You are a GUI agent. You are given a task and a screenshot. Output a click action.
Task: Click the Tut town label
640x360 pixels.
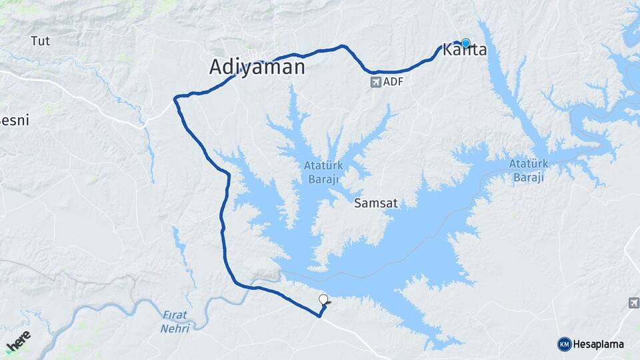[40, 41]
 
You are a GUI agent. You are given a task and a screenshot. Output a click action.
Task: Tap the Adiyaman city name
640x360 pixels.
[257, 67]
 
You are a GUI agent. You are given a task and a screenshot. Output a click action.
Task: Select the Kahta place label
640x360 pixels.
[465, 50]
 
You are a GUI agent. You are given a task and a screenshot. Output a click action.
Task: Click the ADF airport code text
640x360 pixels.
[394, 82]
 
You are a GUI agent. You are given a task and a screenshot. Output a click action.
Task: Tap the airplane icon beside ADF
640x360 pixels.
[375, 82]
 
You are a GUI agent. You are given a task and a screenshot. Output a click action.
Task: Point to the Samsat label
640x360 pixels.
[376, 203]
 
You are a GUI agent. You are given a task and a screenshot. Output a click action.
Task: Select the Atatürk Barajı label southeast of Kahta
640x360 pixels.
[528, 170]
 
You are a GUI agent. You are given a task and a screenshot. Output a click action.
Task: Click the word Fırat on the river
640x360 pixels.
[175, 315]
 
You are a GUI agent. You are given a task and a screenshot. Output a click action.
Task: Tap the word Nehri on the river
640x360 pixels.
[175, 328]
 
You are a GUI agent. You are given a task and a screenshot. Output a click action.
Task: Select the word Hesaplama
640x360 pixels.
[599, 344]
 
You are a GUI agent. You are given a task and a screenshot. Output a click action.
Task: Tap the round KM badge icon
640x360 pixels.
[564, 344]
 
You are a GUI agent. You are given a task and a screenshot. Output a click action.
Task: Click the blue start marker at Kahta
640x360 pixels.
[465, 43]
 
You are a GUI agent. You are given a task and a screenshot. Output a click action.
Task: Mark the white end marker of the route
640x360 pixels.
[324, 299]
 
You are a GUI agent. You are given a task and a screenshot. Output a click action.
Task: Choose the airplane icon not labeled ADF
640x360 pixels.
[633, 303]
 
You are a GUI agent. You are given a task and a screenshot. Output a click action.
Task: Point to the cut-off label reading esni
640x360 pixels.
[15, 121]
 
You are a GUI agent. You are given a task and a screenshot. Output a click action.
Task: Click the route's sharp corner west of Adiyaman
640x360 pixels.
[176, 99]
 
